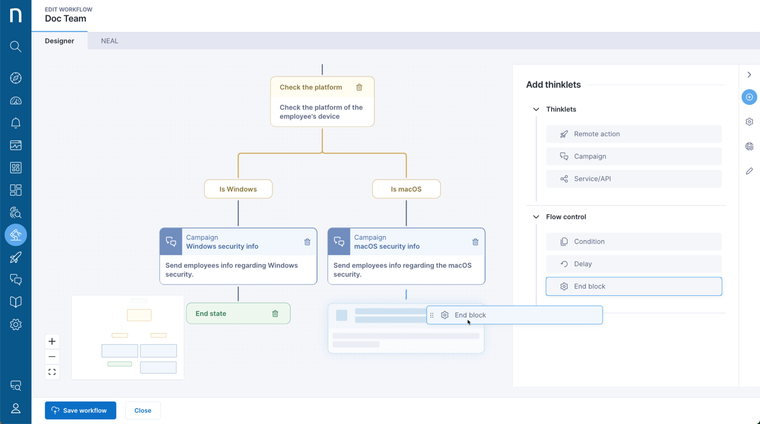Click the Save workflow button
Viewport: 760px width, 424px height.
tap(80, 410)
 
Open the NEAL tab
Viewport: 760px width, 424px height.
tap(109, 41)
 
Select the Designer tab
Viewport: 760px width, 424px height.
tap(59, 41)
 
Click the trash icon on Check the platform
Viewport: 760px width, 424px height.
tap(359, 87)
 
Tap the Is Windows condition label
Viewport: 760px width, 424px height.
tap(238, 189)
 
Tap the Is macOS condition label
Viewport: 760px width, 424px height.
tap(406, 189)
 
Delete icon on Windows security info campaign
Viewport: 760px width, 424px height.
tap(307, 242)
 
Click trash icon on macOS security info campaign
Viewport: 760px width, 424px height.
tap(475, 242)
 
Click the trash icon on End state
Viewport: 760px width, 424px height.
tap(275, 314)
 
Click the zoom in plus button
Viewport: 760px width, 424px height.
tap(52, 341)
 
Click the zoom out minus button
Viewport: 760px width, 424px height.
tap(52, 356)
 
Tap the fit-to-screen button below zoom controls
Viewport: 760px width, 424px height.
tap(52, 372)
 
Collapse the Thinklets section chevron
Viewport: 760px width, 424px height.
tap(536, 109)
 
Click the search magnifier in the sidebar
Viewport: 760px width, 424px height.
tap(15, 46)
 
